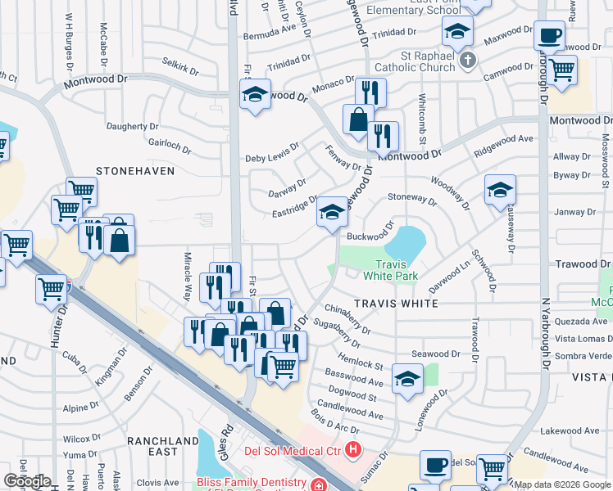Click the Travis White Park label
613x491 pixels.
pyautogui.click(x=397, y=270)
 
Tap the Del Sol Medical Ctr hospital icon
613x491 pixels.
pyautogui.click(x=353, y=449)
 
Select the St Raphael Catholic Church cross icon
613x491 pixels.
pyautogui.click(x=467, y=60)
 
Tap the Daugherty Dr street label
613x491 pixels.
pyautogui.click(x=132, y=127)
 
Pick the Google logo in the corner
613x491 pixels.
pyautogui.click(x=26, y=481)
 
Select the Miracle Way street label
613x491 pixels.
pyautogui.click(x=187, y=277)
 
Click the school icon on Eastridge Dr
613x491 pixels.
pyautogui.click(x=331, y=213)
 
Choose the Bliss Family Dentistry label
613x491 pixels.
pyautogui.click(x=253, y=484)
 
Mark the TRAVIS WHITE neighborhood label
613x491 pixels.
pyautogui.click(x=397, y=303)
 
